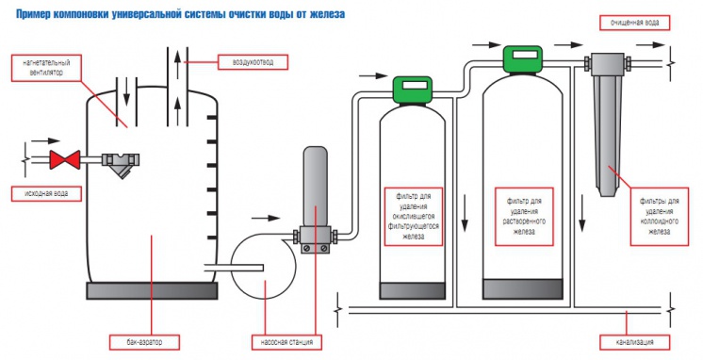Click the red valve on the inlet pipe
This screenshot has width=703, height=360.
[65, 159]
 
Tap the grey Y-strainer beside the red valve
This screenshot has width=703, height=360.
[121, 164]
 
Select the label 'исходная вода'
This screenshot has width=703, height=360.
[46, 194]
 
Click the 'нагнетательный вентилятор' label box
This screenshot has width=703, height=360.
[46, 68]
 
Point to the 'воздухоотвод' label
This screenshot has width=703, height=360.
[253, 62]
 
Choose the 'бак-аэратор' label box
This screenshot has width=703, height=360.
[144, 342]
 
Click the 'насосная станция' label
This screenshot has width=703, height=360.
[286, 342]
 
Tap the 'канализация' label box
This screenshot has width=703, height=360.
[635, 342]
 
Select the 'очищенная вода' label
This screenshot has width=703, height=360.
[635, 23]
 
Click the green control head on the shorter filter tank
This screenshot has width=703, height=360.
[413, 90]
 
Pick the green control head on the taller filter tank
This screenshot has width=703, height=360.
[523, 58]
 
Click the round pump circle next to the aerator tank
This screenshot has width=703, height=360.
[264, 267]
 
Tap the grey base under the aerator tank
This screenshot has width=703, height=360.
[152, 291]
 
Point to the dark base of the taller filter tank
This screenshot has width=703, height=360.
[523, 288]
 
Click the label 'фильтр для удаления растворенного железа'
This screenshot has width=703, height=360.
[525, 217]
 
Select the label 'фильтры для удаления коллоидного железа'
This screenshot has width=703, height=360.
[659, 217]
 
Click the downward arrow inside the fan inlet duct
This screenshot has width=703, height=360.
[127, 91]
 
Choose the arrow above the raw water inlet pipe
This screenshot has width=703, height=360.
[46, 140]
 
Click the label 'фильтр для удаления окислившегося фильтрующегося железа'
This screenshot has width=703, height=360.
[414, 217]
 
